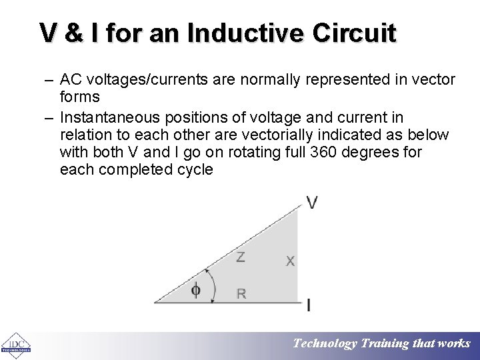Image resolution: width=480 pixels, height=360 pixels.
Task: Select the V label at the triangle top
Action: (x=312, y=203)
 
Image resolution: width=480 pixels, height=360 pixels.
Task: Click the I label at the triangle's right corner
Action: (x=308, y=306)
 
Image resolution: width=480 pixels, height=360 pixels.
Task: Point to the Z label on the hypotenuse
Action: (x=240, y=257)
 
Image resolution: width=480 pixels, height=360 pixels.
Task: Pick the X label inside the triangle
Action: (x=290, y=261)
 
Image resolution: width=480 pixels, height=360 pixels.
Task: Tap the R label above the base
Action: (x=241, y=293)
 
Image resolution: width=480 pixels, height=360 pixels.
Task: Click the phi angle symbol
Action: (x=196, y=290)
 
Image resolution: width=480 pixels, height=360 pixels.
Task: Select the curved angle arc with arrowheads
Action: (x=213, y=285)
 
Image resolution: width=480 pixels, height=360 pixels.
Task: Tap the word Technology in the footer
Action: (x=325, y=344)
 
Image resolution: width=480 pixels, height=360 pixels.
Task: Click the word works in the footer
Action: (x=454, y=344)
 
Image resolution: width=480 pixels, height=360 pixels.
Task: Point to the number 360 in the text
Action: (x=323, y=152)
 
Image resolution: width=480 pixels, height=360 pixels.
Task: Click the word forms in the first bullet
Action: (x=80, y=97)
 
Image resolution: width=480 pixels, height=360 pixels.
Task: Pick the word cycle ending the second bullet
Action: (x=195, y=169)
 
